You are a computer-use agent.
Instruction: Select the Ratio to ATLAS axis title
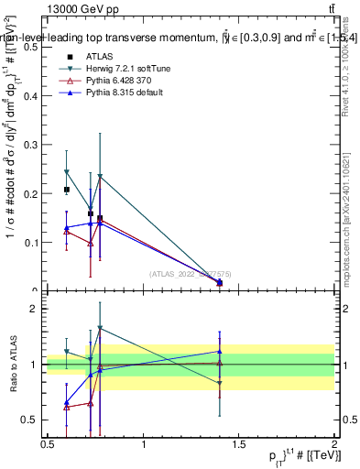(x=13, y=365)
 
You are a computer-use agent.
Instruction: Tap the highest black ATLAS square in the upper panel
(x=66, y=190)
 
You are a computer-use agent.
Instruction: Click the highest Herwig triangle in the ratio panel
(x=100, y=328)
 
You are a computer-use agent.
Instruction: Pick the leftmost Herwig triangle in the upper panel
(x=66, y=172)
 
